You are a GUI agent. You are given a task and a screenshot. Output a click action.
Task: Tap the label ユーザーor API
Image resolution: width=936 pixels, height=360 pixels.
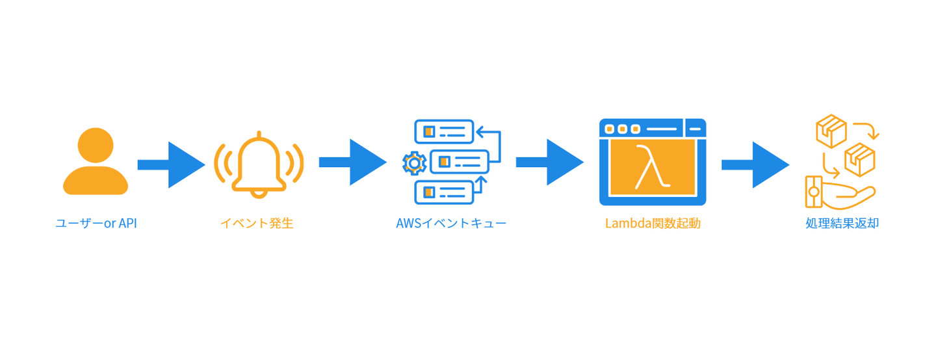[96, 224]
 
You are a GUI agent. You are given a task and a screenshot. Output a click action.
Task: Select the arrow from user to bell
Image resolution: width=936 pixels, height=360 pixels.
[171, 164]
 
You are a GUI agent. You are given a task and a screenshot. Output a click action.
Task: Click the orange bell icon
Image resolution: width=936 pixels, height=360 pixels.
[259, 163]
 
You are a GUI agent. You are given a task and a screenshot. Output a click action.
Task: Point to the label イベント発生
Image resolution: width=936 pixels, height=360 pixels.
[257, 224]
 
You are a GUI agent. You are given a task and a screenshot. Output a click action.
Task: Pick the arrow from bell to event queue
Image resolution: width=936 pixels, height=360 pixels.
[352, 162]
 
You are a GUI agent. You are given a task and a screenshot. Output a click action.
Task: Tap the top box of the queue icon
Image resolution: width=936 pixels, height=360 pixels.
[444, 131]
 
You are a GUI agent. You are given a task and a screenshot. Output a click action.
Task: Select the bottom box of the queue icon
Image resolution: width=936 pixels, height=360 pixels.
[444, 192]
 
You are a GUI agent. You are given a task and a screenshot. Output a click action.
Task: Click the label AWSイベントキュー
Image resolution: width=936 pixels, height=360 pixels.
[451, 224]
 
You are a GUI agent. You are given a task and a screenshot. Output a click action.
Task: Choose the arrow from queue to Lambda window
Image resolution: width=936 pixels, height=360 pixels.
[549, 162]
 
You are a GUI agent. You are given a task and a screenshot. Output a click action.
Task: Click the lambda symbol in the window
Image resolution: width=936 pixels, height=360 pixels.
[651, 167]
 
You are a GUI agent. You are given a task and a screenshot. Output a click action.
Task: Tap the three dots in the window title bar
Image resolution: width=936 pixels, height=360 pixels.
[622, 129]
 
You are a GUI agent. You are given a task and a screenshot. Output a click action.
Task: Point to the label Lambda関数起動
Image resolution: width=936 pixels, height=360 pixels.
[653, 224]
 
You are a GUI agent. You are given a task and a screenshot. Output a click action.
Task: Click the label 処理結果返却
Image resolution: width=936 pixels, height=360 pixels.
[842, 224]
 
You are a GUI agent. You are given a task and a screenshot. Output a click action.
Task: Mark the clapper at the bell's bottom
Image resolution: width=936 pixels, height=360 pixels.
[259, 193]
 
